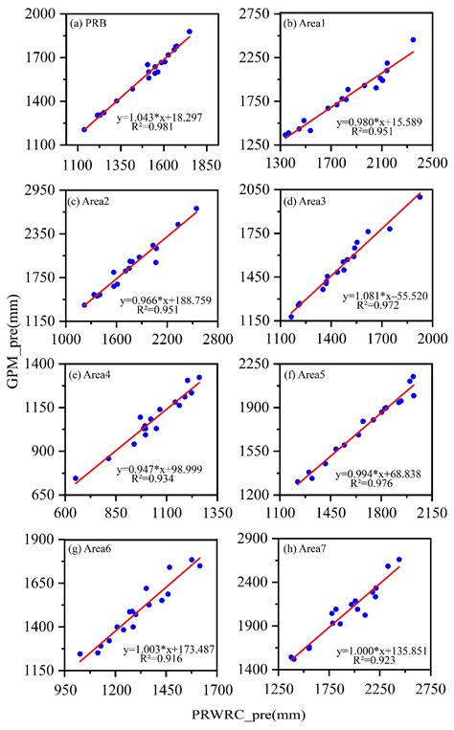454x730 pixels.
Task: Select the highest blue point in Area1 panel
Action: point(413,40)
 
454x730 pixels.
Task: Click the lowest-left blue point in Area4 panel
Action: point(76,478)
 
